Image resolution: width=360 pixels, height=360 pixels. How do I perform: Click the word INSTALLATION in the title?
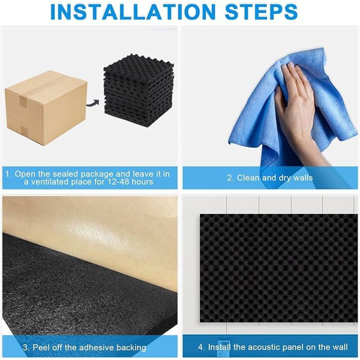(133, 11)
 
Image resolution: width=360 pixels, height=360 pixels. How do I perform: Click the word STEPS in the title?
(261, 11)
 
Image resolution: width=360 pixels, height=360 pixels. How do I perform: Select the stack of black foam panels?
(139, 91)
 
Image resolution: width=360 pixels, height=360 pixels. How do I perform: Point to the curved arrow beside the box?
(93, 103)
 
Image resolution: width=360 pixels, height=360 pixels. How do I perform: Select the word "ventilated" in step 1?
(49, 182)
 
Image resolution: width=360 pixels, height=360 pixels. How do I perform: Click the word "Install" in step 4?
(219, 347)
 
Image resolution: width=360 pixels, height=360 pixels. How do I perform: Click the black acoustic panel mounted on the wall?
(279, 268)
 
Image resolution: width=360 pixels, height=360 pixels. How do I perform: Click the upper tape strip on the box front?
(23, 101)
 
